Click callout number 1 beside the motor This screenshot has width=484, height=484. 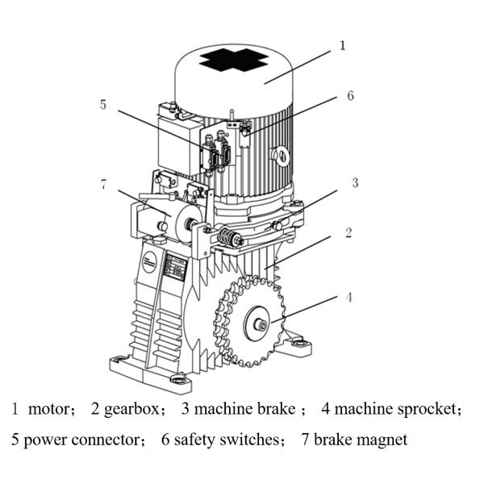(x=342, y=46)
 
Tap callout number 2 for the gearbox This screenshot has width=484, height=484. (x=348, y=234)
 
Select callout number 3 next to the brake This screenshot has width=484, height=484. (x=354, y=182)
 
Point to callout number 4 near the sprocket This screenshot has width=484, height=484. (x=348, y=298)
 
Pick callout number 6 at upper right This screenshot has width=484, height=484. (x=350, y=95)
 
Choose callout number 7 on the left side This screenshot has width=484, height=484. (x=103, y=184)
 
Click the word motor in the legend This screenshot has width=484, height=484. (x=49, y=409)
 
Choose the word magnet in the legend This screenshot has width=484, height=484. (x=384, y=440)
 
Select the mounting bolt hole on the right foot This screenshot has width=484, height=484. (x=302, y=345)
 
